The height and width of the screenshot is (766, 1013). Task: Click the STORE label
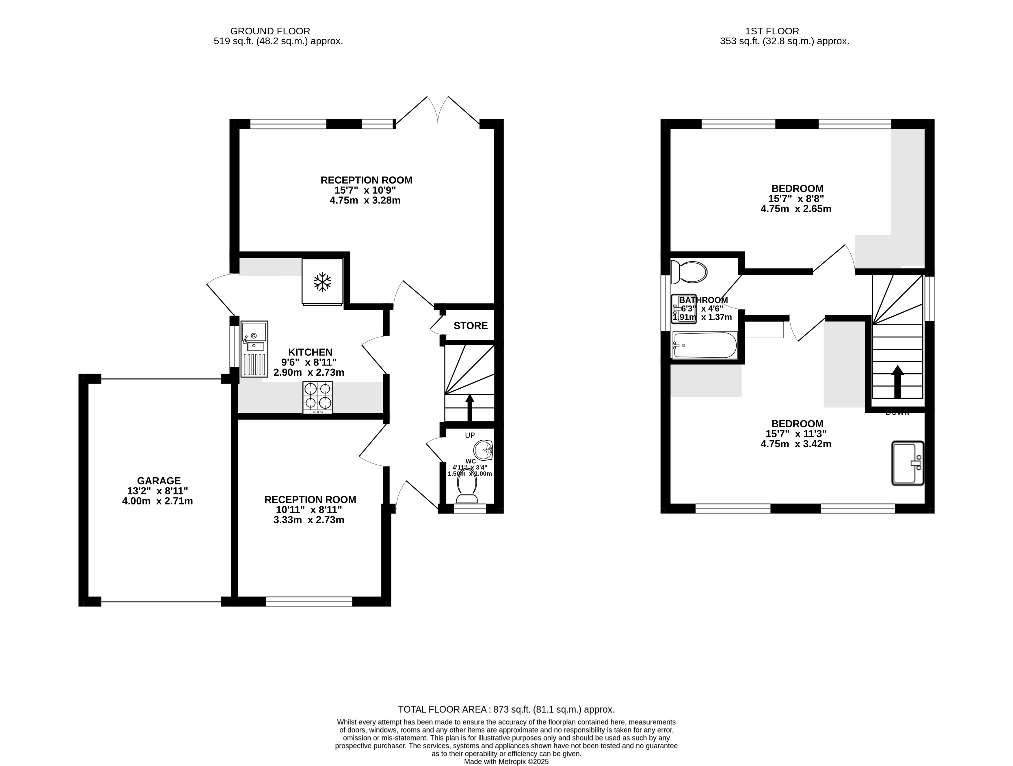(x=470, y=326)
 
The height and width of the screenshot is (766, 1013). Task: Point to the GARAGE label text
(x=159, y=481)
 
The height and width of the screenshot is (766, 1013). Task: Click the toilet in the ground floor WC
(x=467, y=486)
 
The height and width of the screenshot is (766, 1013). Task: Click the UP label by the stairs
(x=470, y=435)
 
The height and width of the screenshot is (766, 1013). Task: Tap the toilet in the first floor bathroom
(x=688, y=272)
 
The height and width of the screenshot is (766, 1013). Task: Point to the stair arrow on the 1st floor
(x=897, y=381)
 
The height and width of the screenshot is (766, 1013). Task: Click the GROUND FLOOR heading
(x=270, y=31)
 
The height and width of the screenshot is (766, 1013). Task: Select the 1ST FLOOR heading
(x=772, y=31)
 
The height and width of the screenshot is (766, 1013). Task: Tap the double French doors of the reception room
(x=438, y=112)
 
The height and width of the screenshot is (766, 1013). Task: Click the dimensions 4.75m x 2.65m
(x=796, y=209)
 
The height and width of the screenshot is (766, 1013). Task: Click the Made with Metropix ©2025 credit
(x=506, y=761)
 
